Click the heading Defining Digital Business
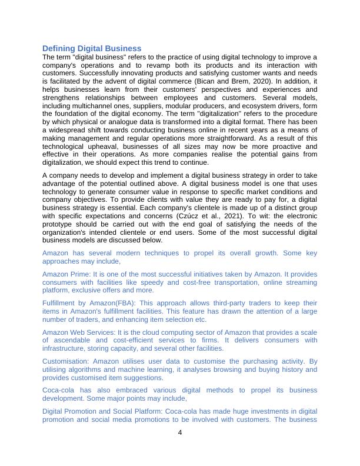92,48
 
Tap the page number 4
180,433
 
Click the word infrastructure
66,348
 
